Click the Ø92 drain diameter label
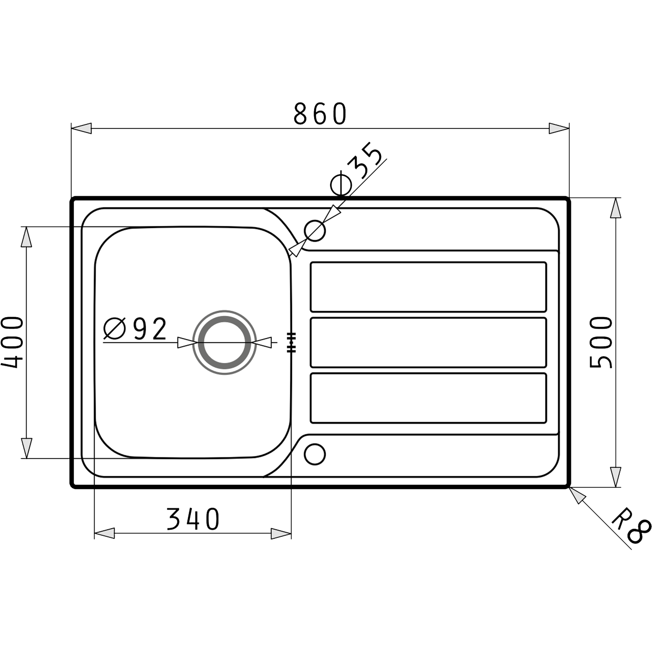(135, 329)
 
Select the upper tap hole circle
(315, 231)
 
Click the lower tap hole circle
(314, 454)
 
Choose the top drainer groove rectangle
(429, 287)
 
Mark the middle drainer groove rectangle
(429, 343)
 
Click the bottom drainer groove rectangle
(429, 398)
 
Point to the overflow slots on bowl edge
(291, 343)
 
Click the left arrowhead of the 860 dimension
(81, 129)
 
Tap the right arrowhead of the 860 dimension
(559, 129)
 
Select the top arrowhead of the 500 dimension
(616, 209)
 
